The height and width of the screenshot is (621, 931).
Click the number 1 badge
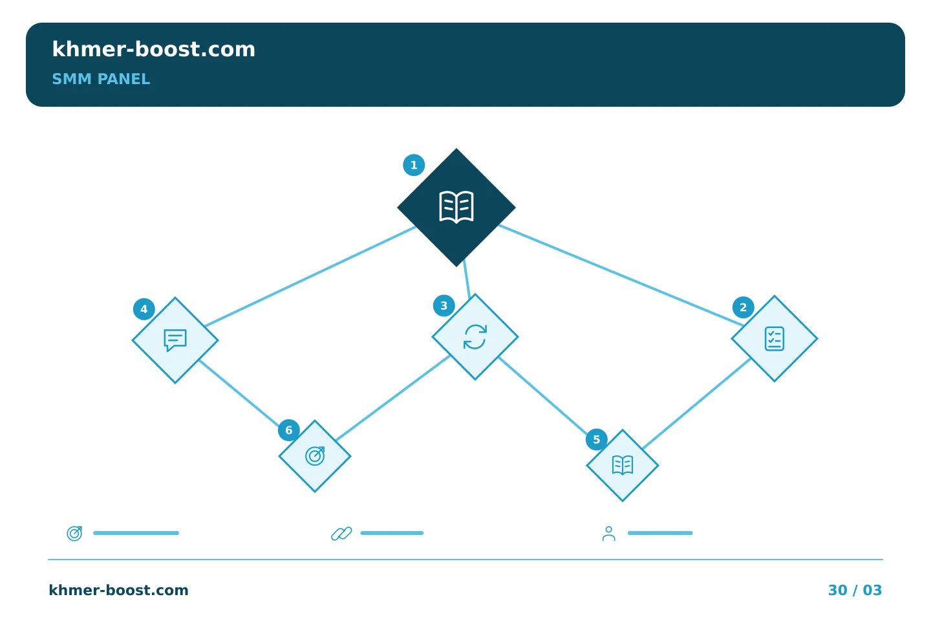(414, 165)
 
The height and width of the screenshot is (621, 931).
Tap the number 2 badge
(743, 307)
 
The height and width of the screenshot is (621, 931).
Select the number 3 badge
(444, 306)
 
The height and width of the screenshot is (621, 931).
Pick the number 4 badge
(144, 309)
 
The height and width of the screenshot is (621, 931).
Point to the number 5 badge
(596, 439)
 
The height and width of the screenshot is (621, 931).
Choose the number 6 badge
(289, 430)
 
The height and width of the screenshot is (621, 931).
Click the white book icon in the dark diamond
(456, 207)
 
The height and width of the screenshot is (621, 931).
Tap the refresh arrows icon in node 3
(475, 337)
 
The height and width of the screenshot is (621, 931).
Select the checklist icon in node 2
(775, 338)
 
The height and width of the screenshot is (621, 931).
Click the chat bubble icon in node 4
(175, 340)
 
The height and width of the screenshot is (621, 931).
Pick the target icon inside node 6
(315, 456)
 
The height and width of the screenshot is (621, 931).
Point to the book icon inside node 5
(623, 465)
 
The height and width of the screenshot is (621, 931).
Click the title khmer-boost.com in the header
(153, 49)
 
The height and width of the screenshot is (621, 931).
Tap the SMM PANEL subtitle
(101, 79)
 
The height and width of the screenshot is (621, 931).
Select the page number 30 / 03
(855, 590)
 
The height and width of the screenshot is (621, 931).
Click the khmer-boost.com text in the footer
(118, 590)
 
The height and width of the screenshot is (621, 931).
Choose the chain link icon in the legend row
(341, 533)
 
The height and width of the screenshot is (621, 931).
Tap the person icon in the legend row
(609, 533)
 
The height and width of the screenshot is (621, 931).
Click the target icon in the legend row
(75, 533)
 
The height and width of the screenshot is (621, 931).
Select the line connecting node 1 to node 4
(311, 276)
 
